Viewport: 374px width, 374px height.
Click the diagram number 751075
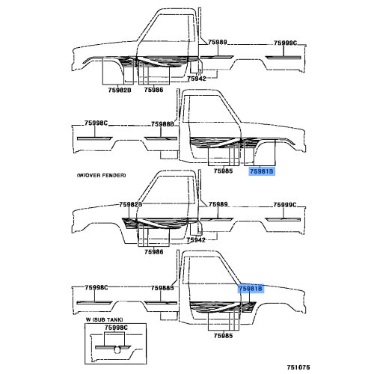pos(298,367)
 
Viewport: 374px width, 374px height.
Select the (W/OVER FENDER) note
pos(102,175)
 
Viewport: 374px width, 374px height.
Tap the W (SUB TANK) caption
pos(104,319)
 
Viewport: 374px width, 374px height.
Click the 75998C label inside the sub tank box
pos(116,328)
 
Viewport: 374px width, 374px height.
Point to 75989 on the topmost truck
pos(218,42)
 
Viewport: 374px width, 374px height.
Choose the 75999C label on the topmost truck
pos(285,43)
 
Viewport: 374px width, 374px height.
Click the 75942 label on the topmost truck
pos(197,79)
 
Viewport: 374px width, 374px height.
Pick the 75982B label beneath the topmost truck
pos(120,90)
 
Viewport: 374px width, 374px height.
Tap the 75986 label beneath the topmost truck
pos(153,90)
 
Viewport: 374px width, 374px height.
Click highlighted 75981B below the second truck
pos(262,171)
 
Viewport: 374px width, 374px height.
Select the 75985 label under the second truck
pos(223,171)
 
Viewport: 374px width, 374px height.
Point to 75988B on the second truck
pos(162,124)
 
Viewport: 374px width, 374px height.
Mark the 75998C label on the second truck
pos(96,123)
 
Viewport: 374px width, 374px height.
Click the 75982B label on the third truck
pos(131,204)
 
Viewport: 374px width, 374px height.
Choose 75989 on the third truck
pos(218,204)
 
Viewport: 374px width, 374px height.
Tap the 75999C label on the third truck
pos(285,205)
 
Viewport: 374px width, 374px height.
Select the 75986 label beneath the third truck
pos(154,252)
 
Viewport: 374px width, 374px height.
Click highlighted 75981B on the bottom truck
pos(251,289)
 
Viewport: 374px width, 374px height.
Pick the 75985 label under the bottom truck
pos(223,336)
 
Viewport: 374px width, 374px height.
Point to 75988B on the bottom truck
pos(162,288)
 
